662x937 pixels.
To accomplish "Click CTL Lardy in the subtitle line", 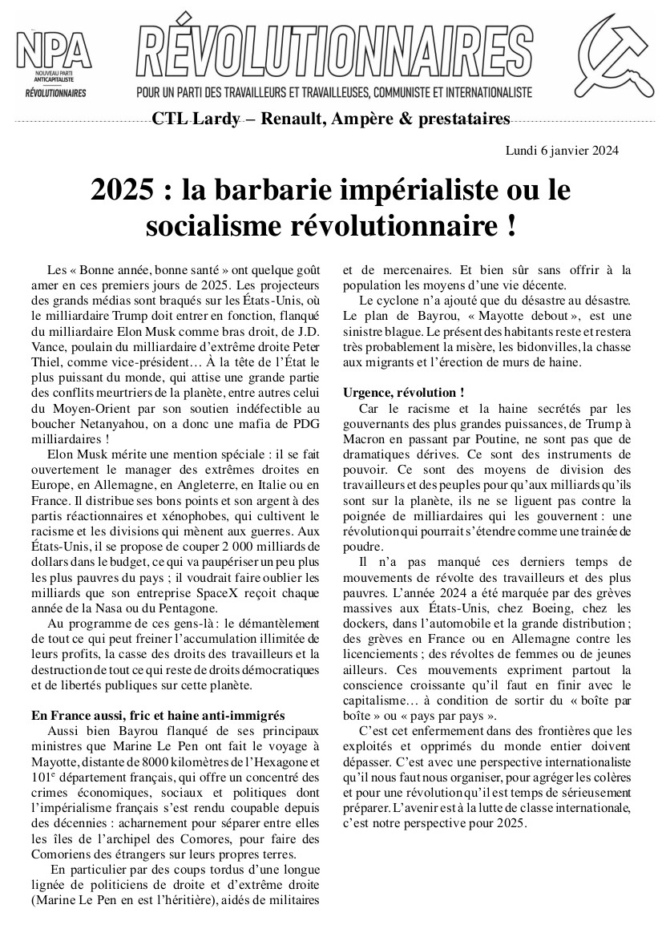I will pos(195,119).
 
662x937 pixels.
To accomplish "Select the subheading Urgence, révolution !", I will pos(403,393).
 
